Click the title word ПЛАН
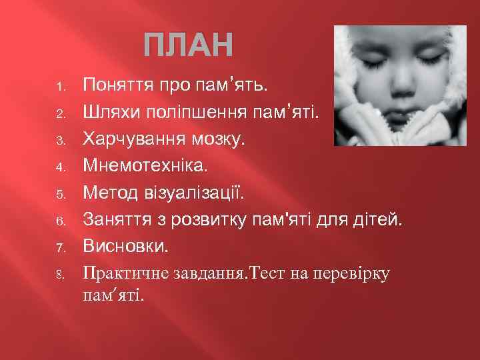click(190, 46)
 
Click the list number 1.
click(59, 87)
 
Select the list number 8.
click(59, 273)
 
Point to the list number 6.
click(59, 220)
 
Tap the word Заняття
click(115, 219)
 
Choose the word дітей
click(378, 219)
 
